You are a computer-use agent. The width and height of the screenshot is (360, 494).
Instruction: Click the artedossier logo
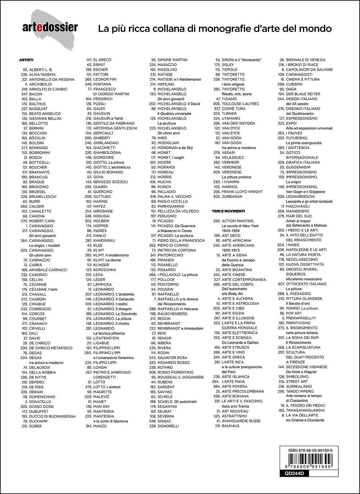(50, 27)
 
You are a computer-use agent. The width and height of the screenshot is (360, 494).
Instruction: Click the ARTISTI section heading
(26, 60)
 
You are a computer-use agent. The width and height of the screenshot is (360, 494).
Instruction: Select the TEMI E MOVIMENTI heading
(229, 211)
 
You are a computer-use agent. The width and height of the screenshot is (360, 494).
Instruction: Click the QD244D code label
(289, 474)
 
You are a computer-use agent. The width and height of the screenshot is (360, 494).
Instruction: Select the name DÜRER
(35, 426)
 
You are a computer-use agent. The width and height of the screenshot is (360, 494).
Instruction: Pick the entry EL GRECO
(102, 60)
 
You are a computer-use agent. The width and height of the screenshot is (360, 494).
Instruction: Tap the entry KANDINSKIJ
(104, 240)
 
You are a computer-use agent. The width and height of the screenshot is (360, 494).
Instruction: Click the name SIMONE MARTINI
(172, 60)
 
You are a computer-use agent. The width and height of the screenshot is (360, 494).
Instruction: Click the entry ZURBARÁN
(232, 196)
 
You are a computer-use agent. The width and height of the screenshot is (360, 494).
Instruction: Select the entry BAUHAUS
(230, 426)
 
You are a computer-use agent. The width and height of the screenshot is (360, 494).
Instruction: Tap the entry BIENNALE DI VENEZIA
(306, 60)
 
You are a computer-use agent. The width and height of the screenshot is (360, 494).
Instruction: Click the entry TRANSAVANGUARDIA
(305, 411)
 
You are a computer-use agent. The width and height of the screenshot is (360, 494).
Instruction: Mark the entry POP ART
(294, 313)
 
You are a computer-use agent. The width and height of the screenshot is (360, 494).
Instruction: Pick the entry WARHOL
(230, 187)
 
